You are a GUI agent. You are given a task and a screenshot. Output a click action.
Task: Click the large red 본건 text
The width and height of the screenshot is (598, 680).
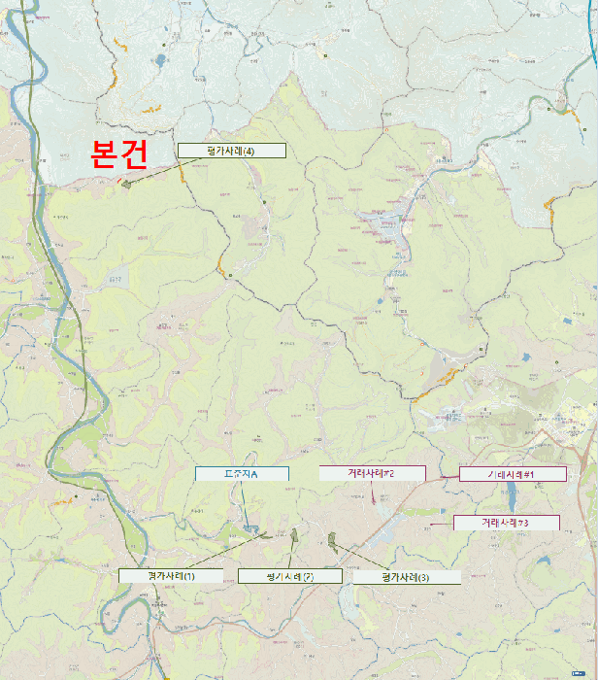click(x=118, y=153)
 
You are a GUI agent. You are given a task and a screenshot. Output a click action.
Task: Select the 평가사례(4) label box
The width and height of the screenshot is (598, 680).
click(x=231, y=151)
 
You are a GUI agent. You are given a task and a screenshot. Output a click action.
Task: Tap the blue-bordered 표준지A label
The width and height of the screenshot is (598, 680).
click(x=242, y=474)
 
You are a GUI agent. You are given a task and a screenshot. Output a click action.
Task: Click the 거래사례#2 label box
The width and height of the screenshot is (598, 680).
click(x=373, y=473)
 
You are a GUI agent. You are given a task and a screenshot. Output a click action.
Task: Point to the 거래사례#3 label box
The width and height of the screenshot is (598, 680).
click(x=506, y=523)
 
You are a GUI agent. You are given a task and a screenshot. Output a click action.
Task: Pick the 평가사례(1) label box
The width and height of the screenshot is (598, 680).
click(x=171, y=576)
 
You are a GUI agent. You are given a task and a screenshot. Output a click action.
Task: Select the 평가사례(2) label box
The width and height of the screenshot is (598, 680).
click(x=290, y=577)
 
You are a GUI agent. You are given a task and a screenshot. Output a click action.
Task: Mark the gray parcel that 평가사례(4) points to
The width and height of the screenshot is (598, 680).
click(x=126, y=183)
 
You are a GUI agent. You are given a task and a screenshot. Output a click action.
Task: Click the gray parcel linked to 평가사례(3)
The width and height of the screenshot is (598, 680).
click(x=331, y=539)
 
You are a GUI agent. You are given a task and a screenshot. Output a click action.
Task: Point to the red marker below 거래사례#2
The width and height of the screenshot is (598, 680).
click(x=374, y=498)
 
